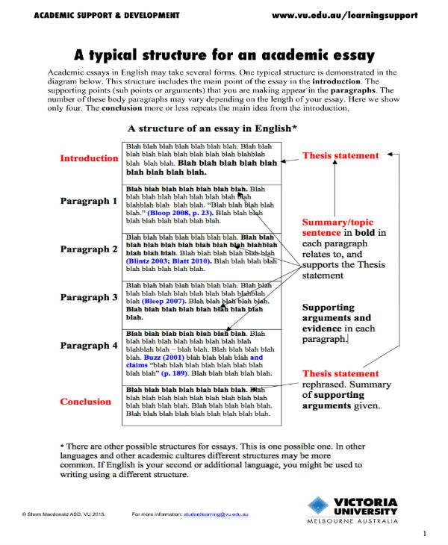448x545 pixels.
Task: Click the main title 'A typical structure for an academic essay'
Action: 224,54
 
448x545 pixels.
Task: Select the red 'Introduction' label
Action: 89,158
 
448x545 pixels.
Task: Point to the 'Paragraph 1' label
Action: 89,201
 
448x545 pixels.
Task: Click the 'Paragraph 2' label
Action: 89,249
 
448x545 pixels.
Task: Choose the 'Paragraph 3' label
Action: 89,297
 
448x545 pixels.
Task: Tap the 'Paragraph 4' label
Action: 89,346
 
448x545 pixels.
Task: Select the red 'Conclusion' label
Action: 85,402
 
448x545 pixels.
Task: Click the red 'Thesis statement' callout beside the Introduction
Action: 340,156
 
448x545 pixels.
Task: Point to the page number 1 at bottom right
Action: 424,533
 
